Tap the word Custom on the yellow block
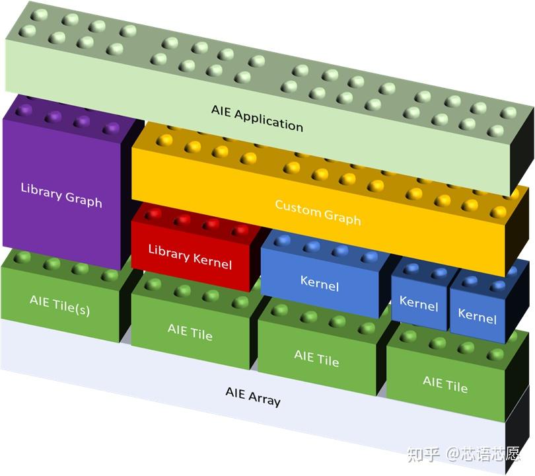click(297, 208)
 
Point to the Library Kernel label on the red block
click(190, 256)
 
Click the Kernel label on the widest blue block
click(320, 283)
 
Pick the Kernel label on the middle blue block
click(419, 304)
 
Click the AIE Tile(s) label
click(59, 304)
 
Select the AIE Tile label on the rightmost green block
click(445, 383)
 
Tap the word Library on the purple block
click(42, 189)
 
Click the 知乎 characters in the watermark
click(423, 454)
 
